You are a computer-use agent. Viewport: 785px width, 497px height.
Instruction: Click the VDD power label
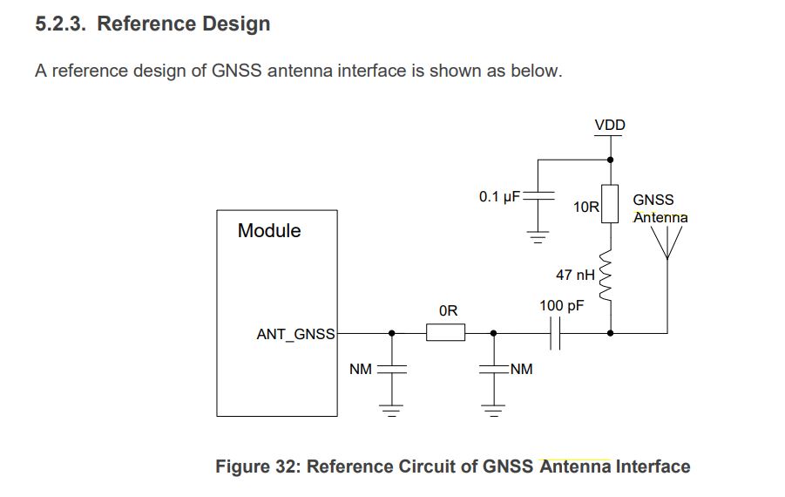tap(609, 125)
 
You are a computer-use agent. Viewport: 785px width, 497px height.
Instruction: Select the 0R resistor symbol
tap(445, 332)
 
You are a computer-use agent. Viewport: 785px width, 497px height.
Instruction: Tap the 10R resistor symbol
tap(610, 204)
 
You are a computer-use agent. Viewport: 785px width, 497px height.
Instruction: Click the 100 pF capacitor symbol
tap(554, 332)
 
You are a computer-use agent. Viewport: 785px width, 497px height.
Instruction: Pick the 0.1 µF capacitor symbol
tap(538, 196)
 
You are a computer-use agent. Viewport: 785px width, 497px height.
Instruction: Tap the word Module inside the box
tap(269, 231)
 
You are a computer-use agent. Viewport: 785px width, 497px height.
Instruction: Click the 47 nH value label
tap(574, 275)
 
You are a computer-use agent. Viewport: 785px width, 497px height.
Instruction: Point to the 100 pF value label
tap(561, 306)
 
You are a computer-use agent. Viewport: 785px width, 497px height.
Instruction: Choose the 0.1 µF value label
tap(498, 196)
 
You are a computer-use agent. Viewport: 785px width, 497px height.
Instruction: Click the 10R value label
tap(586, 208)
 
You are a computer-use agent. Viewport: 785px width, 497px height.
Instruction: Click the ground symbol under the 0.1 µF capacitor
tap(538, 234)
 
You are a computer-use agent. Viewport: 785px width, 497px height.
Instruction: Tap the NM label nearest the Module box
tap(361, 370)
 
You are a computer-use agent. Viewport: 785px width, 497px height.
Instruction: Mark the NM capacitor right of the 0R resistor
tap(493, 369)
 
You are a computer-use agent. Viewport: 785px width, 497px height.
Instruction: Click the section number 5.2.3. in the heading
tap(62, 24)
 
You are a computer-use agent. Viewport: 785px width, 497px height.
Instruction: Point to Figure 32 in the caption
tap(254, 466)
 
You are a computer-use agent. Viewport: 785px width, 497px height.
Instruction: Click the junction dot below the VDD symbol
tap(610, 160)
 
